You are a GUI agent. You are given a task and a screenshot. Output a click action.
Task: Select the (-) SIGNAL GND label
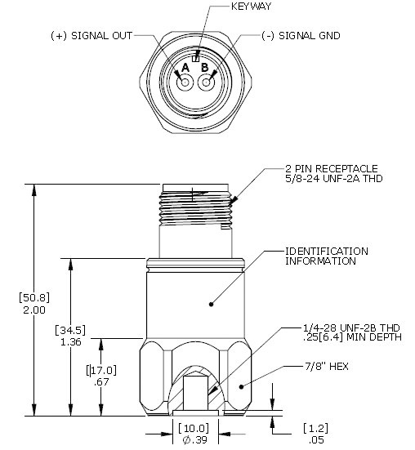pos(301,36)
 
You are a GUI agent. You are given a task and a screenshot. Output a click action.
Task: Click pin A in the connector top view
pos(185,82)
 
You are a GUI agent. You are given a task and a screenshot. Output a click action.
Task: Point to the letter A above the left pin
pos(185,67)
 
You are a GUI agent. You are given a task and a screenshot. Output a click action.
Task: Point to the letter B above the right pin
pos(205,67)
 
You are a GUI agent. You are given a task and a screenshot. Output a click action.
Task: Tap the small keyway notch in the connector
pos(195,56)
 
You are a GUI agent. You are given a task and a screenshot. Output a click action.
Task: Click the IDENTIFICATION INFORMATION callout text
pos(326,256)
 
